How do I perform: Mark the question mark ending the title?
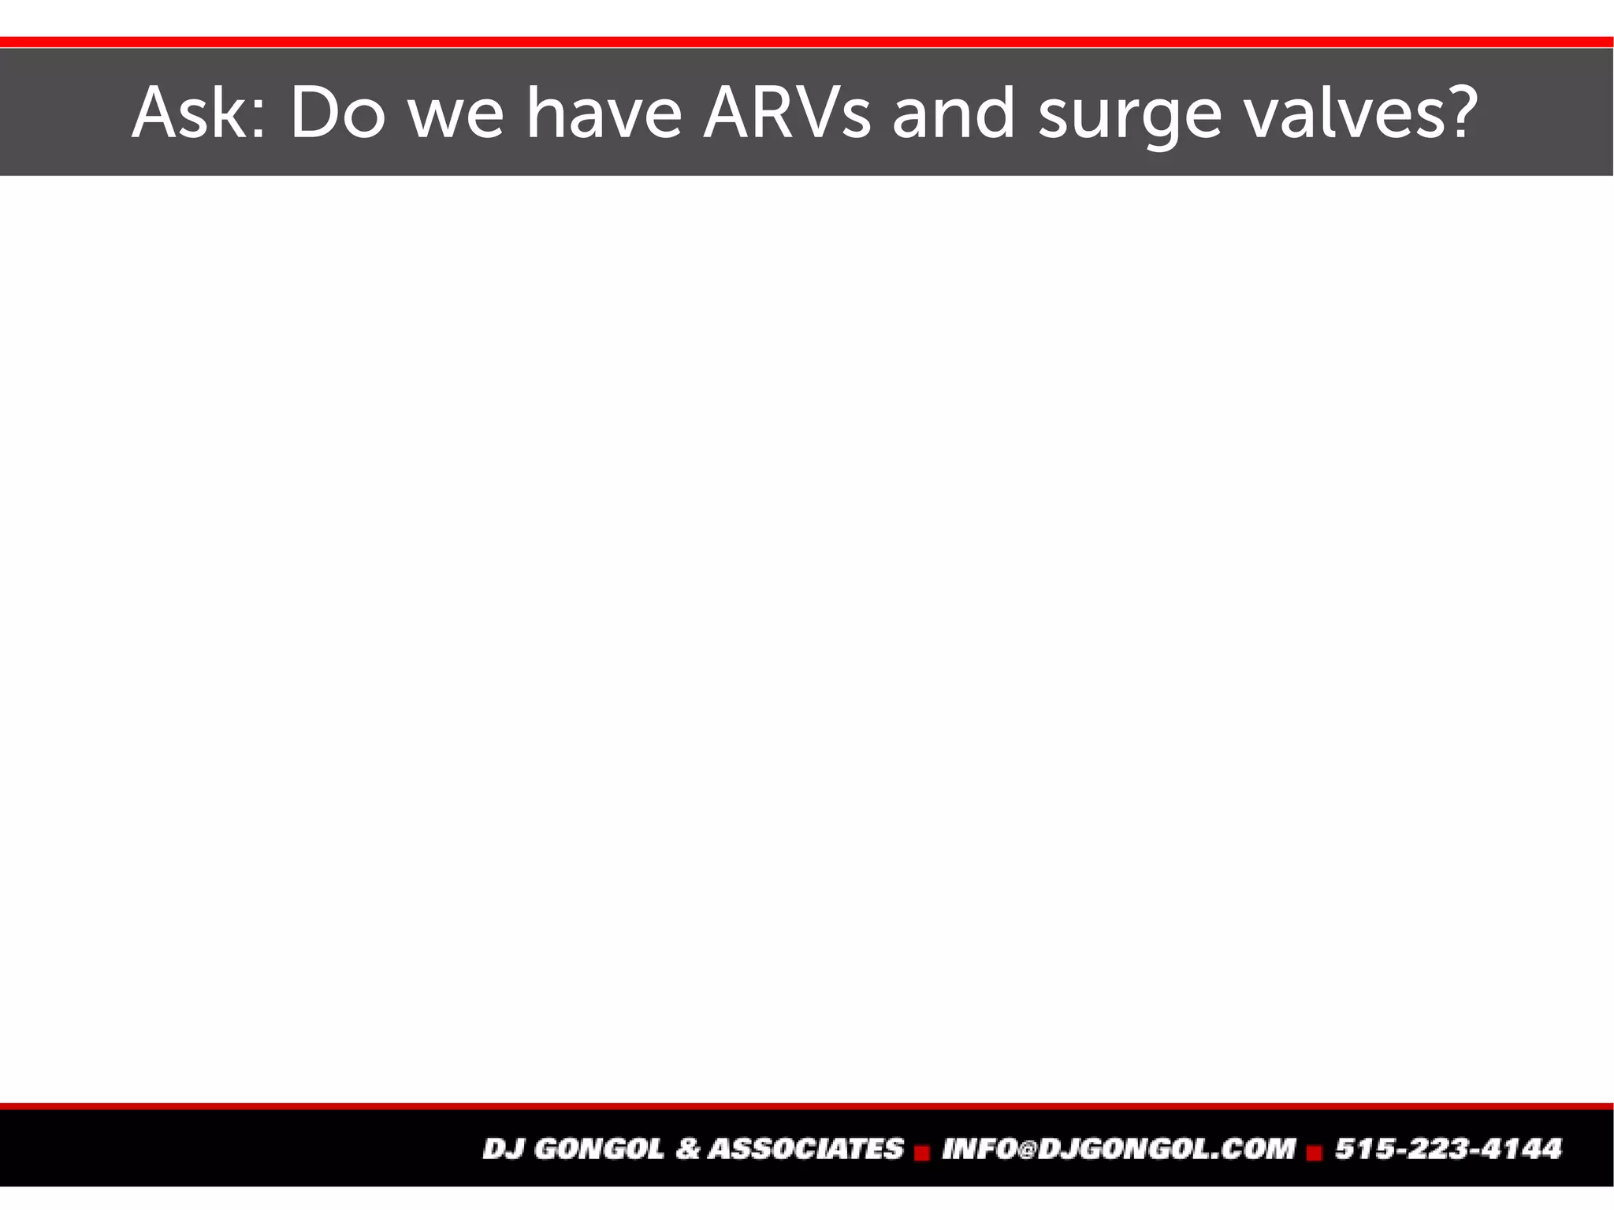point(1457,113)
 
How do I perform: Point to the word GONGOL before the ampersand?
point(599,1149)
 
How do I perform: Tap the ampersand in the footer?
point(687,1149)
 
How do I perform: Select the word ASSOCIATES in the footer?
point(805,1149)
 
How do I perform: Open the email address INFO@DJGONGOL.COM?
point(1118,1149)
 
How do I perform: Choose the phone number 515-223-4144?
point(1448,1149)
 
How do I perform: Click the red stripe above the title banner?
point(807,42)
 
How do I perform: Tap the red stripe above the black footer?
point(807,1106)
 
